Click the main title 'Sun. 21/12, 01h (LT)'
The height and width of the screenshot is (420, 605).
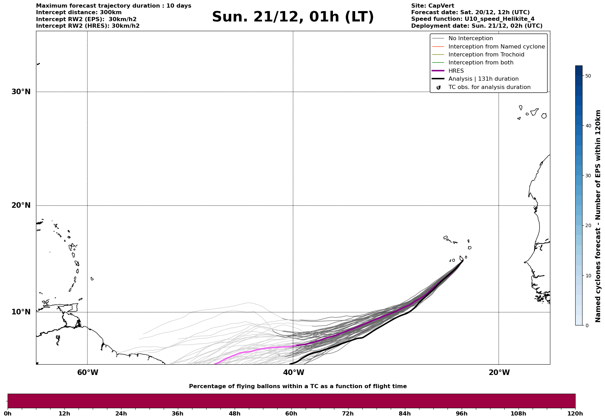coord(293,17)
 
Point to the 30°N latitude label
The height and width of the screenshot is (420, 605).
coord(21,92)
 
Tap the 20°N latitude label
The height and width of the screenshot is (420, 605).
coord(21,205)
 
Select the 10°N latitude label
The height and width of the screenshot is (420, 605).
coord(21,312)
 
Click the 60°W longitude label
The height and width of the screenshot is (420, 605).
coord(88,373)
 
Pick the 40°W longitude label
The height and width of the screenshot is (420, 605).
coord(294,373)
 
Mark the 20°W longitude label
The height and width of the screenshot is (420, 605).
coord(499,373)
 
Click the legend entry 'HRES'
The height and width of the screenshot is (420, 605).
coord(456,71)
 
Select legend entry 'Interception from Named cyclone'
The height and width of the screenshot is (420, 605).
coord(496,47)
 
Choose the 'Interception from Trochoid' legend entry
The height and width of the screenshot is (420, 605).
coord(486,55)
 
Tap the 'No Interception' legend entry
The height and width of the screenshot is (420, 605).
coord(470,38)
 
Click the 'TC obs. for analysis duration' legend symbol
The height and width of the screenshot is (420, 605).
coord(439,87)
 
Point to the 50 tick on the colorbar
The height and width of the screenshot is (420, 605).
coord(588,76)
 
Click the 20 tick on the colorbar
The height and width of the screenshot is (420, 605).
coord(588,226)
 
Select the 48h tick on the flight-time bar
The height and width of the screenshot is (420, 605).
coord(234,414)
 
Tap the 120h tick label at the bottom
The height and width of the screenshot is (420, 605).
coord(575,414)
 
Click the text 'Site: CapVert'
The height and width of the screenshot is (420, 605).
coord(433,6)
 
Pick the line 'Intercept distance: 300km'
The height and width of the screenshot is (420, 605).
coord(79,12)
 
